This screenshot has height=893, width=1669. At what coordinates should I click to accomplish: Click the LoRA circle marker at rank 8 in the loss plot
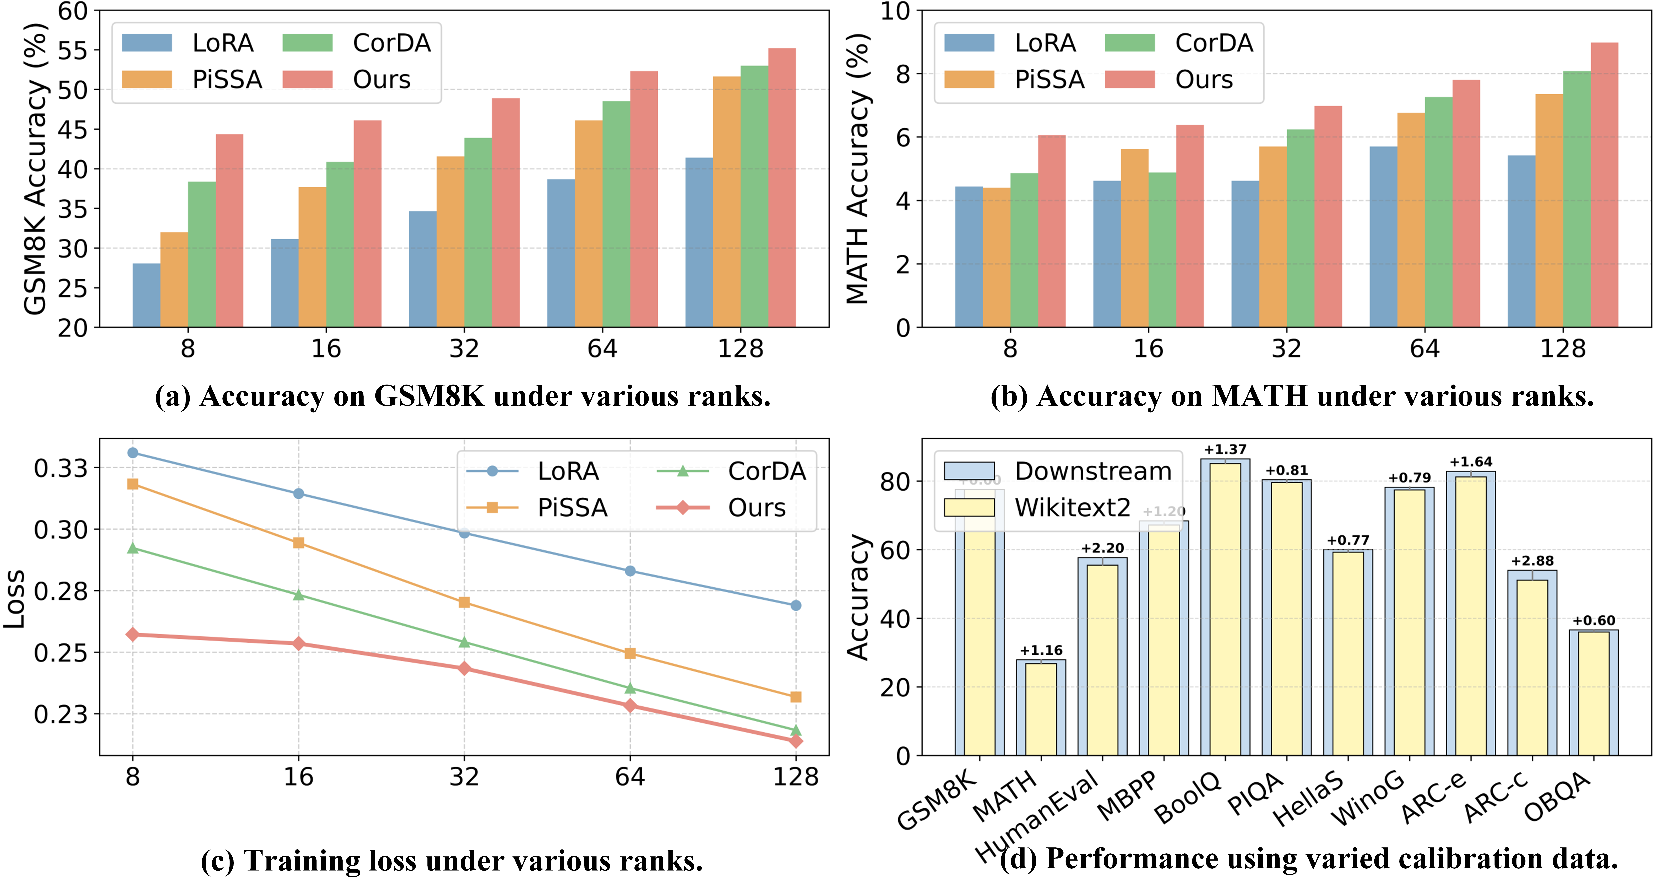click(133, 452)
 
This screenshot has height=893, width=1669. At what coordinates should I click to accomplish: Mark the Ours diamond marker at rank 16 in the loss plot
click(299, 643)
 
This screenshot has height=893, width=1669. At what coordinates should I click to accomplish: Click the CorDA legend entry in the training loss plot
click(732, 471)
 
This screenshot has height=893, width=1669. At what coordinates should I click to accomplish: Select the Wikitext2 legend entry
click(1037, 507)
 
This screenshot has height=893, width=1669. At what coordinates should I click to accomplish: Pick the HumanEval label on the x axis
click(1037, 817)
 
